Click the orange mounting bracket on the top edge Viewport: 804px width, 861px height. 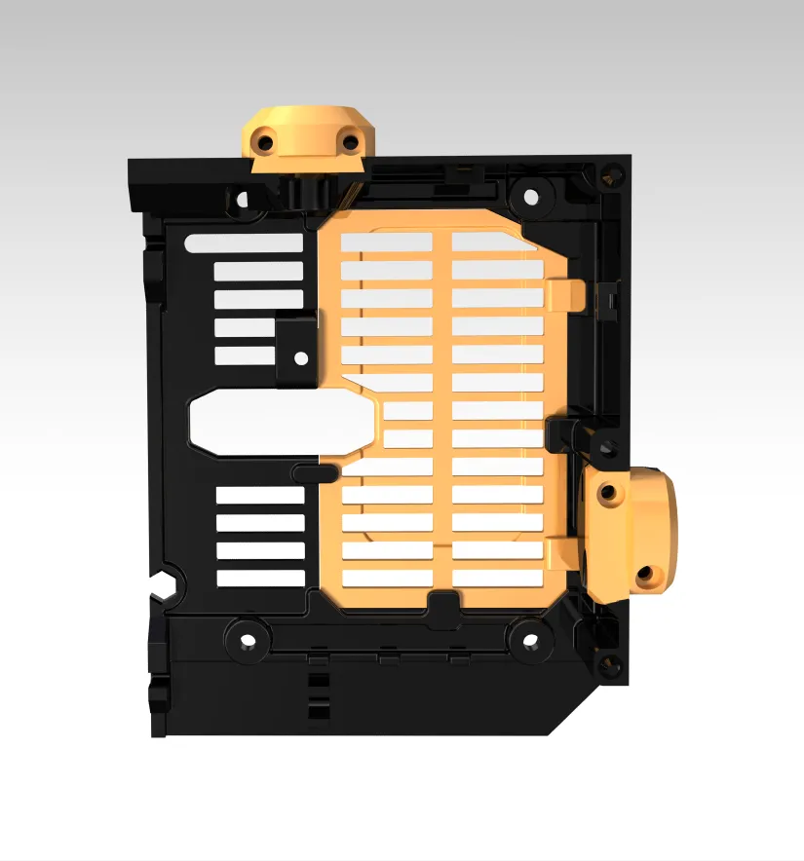coord(305,136)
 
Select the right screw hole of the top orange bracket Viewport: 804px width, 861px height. coord(348,144)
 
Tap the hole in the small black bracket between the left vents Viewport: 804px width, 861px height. coord(301,358)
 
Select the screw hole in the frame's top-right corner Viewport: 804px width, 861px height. coord(611,176)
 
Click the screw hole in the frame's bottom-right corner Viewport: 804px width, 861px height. coord(611,666)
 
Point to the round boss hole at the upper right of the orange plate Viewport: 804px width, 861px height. coord(530,197)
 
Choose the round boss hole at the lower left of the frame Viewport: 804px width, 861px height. coord(248,642)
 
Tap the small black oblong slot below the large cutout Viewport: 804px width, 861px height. coord(315,472)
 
